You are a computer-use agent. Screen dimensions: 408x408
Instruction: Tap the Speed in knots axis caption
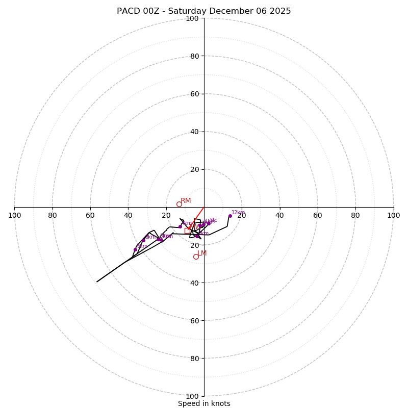coord(204,403)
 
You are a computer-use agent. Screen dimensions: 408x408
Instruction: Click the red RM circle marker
coord(179,205)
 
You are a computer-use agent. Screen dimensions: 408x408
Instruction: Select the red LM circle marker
coord(196,257)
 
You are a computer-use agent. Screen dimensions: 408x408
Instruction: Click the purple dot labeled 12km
coord(230,216)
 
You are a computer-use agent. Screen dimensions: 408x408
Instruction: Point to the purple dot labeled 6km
coord(135,249)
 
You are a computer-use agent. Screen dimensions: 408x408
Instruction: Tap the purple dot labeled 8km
coord(143,240)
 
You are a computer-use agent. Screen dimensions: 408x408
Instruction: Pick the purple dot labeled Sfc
coord(209,223)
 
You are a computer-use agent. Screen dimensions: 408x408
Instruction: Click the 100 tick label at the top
coord(192,18)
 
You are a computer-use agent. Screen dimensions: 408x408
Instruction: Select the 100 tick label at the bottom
coord(192,396)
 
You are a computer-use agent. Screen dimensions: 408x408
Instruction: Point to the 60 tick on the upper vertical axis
coord(194,94)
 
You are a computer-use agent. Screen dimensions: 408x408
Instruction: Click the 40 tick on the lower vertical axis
coord(194,283)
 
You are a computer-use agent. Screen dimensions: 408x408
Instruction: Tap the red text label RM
coord(186,201)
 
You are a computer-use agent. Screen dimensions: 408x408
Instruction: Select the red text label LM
coord(202,253)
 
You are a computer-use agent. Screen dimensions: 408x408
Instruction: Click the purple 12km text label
coord(238,213)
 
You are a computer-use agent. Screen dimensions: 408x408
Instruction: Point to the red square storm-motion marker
coord(187,231)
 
